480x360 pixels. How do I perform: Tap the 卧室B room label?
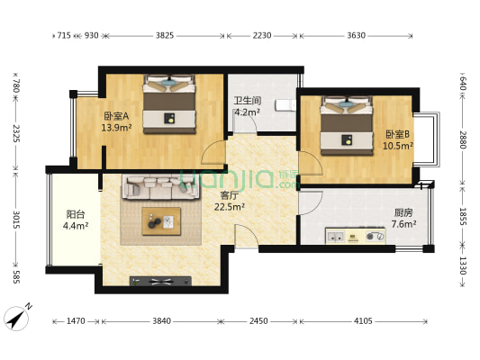[x=398, y=138]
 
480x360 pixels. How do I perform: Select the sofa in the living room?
[x=160, y=186]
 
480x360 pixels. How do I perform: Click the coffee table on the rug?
[x=160, y=221]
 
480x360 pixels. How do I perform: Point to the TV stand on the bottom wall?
[x=161, y=281]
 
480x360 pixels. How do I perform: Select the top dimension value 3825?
[x=164, y=35]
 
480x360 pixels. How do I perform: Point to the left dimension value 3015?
[x=15, y=220]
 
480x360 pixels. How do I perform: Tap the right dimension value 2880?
[x=463, y=140]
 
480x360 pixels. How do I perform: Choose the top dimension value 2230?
[x=262, y=35]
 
